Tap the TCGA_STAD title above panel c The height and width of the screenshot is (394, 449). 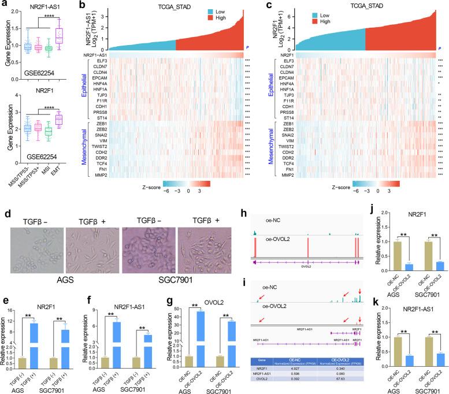355,5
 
